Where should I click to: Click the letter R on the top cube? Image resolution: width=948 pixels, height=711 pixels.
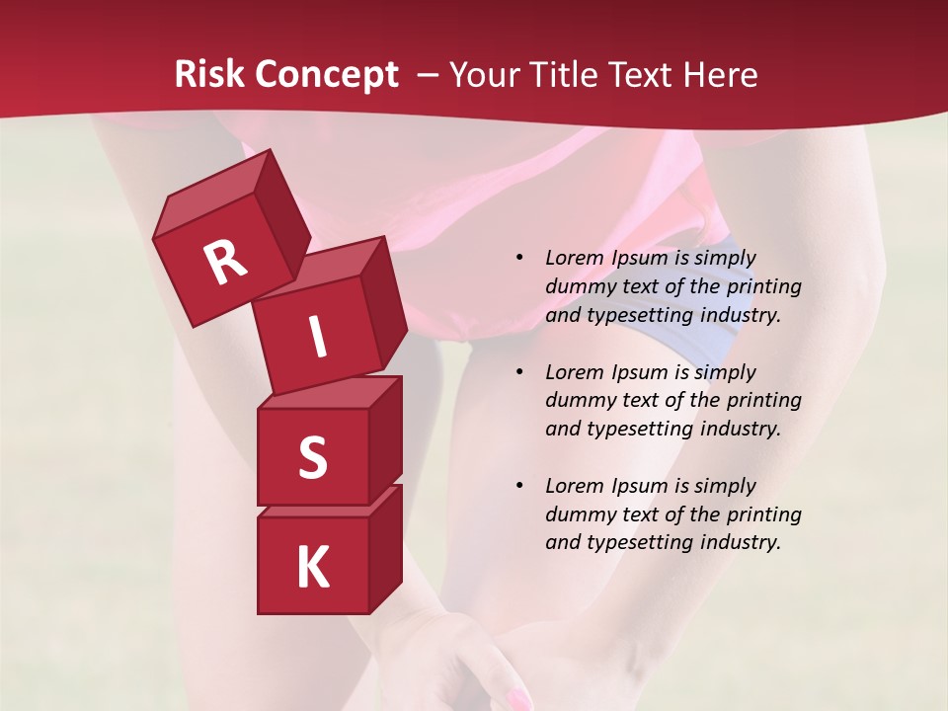225,263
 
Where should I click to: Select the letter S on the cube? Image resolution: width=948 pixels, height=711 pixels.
312,457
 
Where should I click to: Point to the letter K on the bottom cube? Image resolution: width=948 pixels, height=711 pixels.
312,568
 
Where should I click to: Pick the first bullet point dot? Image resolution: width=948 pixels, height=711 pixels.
520,258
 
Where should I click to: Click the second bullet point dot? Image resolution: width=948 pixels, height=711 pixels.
520,372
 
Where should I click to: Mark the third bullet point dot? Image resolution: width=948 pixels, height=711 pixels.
520,486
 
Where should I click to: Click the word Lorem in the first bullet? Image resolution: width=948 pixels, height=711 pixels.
573,258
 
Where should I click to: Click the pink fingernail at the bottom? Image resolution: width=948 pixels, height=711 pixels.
517,700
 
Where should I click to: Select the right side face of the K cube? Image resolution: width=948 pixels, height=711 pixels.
385,548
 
